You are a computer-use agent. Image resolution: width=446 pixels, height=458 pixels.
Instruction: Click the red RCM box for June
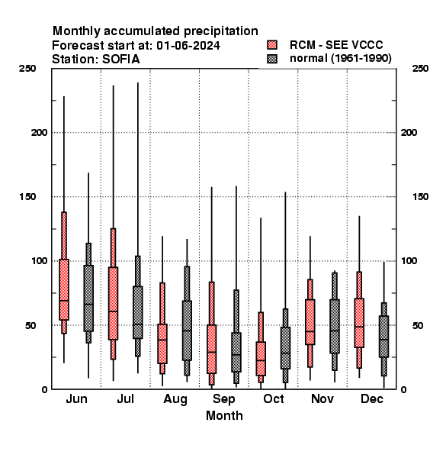(64, 289)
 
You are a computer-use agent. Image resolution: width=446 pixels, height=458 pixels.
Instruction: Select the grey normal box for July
(138, 312)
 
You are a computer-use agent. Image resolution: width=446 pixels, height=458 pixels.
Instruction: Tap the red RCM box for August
(162, 343)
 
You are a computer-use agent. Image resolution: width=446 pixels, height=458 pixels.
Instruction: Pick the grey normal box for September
(236, 352)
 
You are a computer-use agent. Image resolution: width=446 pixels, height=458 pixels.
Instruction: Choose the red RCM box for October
(261, 359)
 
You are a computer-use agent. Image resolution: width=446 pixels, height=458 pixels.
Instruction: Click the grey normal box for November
(335, 326)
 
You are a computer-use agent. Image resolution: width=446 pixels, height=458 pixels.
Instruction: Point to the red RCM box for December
(359, 323)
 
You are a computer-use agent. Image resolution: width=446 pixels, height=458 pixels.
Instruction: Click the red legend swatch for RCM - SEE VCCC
(272, 45)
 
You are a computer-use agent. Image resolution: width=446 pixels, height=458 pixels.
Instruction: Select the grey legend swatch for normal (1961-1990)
(272, 59)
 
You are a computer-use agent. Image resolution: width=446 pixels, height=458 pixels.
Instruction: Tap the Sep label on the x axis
(223, 399)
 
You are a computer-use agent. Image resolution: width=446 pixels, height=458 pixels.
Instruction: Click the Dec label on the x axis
(372, 398)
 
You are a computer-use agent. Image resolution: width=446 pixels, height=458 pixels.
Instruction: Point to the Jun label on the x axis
(76, 398)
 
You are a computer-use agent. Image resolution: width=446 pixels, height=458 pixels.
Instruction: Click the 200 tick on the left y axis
(39, 133)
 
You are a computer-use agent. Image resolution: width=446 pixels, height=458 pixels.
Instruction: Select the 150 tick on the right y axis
(420, 197)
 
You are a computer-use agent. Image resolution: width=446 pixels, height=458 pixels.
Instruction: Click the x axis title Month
(224, 416)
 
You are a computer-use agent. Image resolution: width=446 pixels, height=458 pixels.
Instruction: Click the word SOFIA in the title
(121, 60)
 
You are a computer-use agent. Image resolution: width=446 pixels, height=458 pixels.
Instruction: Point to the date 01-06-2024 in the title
(188, 46)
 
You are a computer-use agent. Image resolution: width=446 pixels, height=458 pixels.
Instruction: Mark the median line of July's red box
(113, 311)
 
